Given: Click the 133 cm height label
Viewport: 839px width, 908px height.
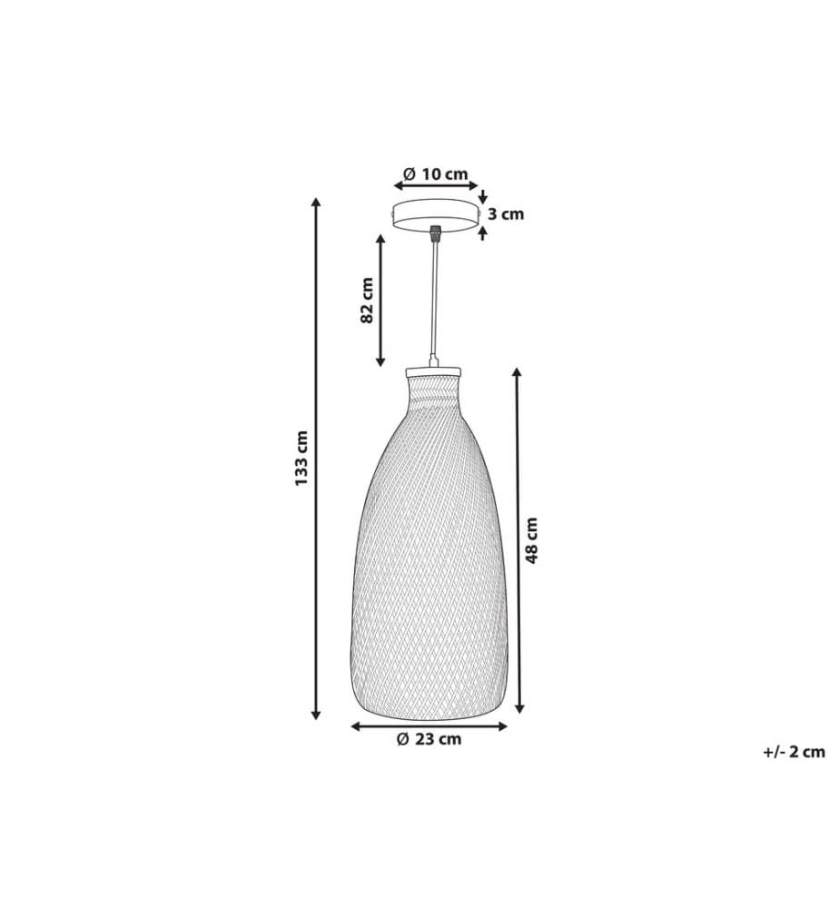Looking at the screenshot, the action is coord(301,458).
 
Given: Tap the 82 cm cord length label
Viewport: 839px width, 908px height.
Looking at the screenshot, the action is coord(367,301).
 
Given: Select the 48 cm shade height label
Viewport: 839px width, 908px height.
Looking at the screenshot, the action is coord(531,540).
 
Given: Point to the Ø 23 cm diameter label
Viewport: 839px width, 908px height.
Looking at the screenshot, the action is coord(429,739).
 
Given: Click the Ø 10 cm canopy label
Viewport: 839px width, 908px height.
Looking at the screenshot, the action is coord(436,173).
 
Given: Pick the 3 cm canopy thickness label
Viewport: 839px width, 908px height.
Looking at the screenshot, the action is coord(506,214).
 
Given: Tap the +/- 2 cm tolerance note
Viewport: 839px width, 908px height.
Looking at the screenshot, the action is coord(794,752).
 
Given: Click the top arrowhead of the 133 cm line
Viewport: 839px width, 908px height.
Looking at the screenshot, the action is coord(316,202).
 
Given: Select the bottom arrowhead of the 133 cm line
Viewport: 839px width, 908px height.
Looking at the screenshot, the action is coord(316,715).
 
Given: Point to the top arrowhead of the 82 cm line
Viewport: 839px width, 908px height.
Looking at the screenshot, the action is coord(380,240).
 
